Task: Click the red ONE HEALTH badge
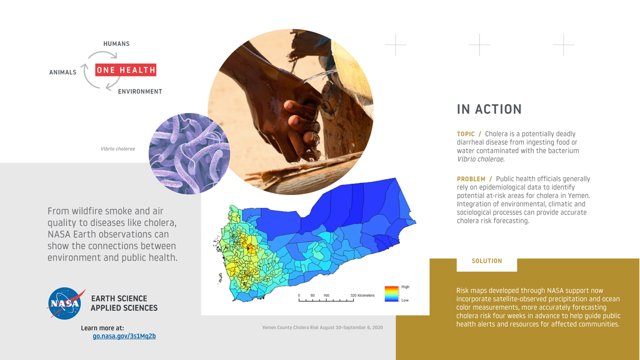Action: tap(125, 69)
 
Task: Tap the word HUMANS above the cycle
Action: tap(116, 43)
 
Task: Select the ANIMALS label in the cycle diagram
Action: tap(62, 72)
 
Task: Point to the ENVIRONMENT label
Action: tap(140, 91)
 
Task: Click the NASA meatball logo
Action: tap(65, 303)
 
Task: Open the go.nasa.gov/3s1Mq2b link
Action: tap(124, 336)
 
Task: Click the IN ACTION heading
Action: tap(489, 109)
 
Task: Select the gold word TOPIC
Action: tap(465, 134)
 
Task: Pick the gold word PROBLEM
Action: tap(471, 179)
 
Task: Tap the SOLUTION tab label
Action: tap(486, 261)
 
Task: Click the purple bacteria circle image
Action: tap(189, 153)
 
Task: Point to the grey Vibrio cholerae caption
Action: tap(117, 149)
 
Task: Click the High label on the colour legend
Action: tap(405, 287)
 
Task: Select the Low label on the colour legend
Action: tap(405, 300)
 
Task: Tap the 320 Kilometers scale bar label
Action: tap(362, 295)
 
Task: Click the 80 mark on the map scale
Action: tap(312, 295)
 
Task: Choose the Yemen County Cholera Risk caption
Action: tap(322, 327)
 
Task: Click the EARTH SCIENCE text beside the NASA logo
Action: tap(119, 298)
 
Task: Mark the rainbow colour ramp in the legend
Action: tap(391, 294)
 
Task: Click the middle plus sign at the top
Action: tap(479, 45)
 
